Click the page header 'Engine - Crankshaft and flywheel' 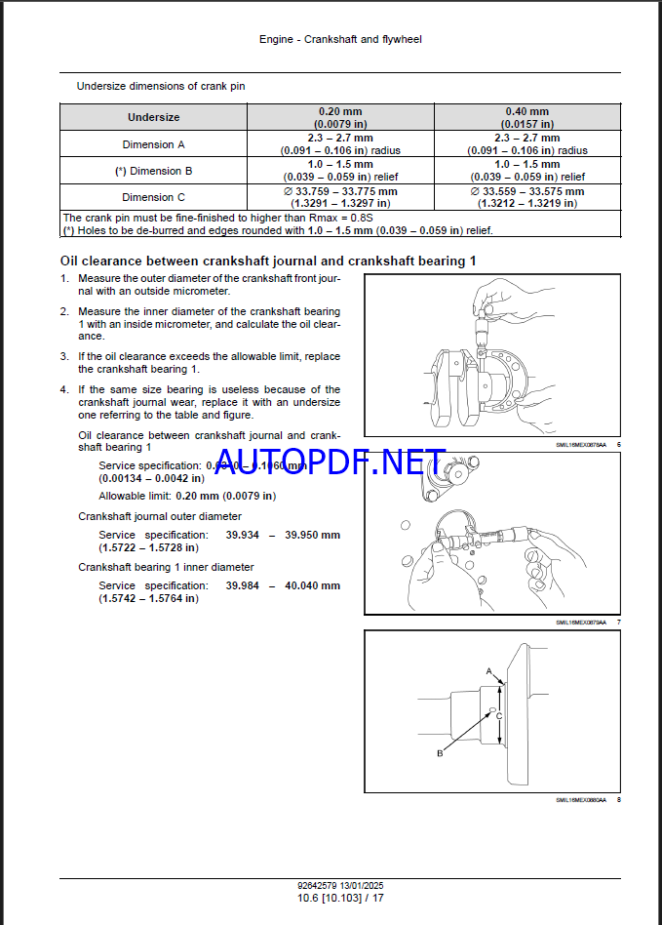point(331,40)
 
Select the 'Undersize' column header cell point(154,117)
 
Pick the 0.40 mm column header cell point(526,117)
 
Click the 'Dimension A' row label point(154,144)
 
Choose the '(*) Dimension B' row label point(154,171)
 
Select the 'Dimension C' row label point(154,197)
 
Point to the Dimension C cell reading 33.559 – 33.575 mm point(526,197)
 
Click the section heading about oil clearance point(268,261)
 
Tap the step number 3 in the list point(64,356)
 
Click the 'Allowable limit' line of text point(187,496)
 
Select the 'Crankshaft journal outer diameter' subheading point(160,516)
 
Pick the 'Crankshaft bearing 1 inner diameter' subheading point(166,567)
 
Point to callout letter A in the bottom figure point(489,671)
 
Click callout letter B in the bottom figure point(440,753)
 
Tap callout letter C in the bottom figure point(500,716)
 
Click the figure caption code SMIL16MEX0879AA point(581,622)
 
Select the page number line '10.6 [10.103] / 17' point(331,897)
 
